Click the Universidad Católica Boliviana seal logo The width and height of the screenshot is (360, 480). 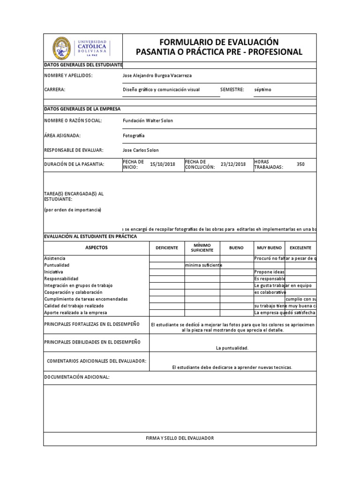pyautogui.click(x=61, y=47)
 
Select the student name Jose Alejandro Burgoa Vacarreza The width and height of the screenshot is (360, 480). pyautogui.click(x=157, y=75)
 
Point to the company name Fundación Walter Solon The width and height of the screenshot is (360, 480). pyautogui.click(x=148, y=120)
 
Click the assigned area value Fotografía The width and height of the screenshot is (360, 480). pyautogui.click(x=134, y=135)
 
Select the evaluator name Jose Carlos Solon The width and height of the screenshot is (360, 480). pyautogui.click(x=140, y=150)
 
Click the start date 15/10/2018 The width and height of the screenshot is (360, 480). pyautogui.click(x=162, y=165)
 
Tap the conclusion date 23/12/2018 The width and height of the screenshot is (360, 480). pyautogui.click(x=233, y=165)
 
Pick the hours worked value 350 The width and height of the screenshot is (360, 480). pyautogui.click(x=300, y=165)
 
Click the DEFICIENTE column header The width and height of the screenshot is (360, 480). pyautogui.click(x=167, y=247)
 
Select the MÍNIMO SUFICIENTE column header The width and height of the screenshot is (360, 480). pyautogui.click(x=202, y=247)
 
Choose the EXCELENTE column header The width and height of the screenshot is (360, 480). pyautogui.click(x=300, y=247)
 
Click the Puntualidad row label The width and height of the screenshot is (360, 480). pyautogui.click(x=56, y=265)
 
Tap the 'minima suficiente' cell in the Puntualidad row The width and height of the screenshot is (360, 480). pyautogui.click(x=203, y=265)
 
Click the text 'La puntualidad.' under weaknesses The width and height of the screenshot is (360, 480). pyautogui.click(x=232, y=348)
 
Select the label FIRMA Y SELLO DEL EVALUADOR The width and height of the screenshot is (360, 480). pyautogui.click(x=180, y=438)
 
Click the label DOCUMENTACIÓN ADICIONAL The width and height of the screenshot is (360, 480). pyautogui.click(x=77, y=377)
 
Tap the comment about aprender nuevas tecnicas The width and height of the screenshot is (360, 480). pyautogui.click(x=232, y=367)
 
